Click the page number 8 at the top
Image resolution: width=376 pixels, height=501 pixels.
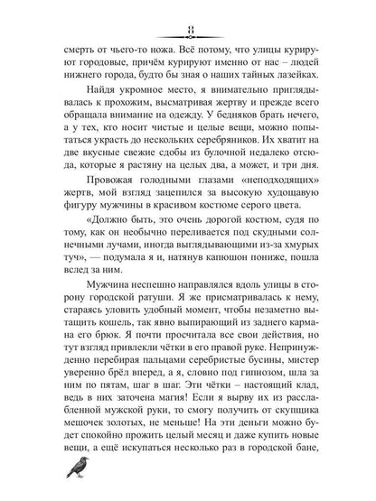click(188, 11)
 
